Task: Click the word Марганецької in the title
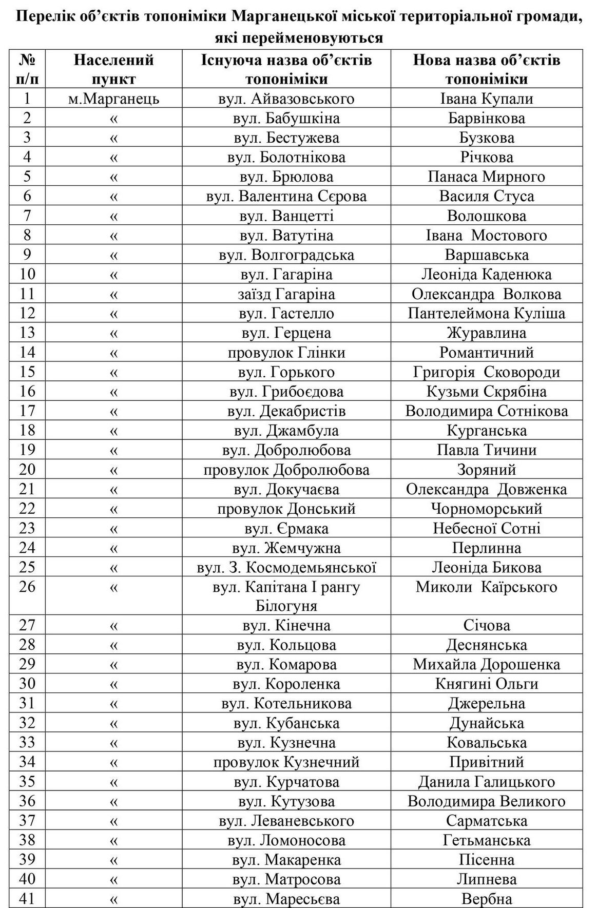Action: pyautogui.click(x=292, y=17)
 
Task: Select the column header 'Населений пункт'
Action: pyautogui.click(x=113, y=69)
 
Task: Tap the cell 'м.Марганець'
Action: pyautogui.click(x=113, y=99)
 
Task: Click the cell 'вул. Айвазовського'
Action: pyautogui.click(x=286, y=99)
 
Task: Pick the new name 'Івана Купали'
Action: pyautogui.click(x=487, y=99)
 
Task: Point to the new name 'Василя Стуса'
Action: pyautogui.click(x=487, y=196)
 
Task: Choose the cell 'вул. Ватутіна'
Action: pyautogui.click(x=286, y=235)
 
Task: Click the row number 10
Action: pyautogui.click(x=27, y=274)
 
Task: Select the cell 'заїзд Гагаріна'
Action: pyautogui.click(x=286, y=294)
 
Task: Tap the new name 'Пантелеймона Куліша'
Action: pyautogui.click(x=487, y=313)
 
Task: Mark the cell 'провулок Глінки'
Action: pyautogui.click(x=286, y=352)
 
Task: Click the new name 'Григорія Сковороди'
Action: pyautogui.click(x=487, y=372)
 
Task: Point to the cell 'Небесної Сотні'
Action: pyautogui.click(x=487, y=528)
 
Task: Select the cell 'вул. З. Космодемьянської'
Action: pyautogui.click(x=286, y=567)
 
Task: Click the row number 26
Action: pyautogui.click(x=27, y=587)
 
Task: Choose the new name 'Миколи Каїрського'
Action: pyautogui.click(x=487, y=587)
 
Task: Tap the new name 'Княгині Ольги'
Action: pyautogui.click(x=487, y=684)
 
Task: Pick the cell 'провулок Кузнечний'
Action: pyautogui.click(x=286, y=762)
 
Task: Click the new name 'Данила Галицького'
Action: pyautogui.click(x=487, y=782)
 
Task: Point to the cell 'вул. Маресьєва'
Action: pyautogui.click(x=286, y=899)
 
